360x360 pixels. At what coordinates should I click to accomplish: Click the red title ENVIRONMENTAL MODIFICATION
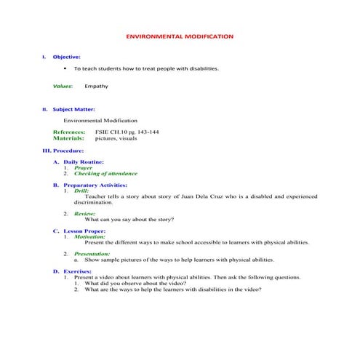180,36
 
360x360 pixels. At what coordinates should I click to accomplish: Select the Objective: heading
67,56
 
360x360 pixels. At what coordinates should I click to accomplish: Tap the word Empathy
96,86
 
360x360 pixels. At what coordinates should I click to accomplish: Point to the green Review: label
85,214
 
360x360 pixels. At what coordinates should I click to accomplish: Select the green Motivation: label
89,236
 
